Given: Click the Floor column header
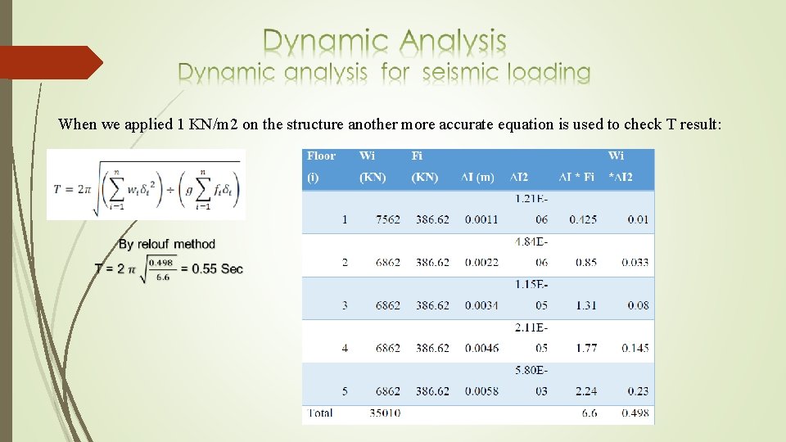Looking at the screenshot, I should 321,156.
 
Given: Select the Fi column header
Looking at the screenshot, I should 417,156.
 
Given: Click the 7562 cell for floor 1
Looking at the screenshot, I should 388,219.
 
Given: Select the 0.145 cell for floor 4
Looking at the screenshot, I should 635,348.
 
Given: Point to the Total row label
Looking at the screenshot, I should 320,413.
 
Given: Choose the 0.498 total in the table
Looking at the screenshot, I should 635,413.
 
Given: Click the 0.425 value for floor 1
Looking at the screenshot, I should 583,219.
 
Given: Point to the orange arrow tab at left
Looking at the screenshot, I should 49,62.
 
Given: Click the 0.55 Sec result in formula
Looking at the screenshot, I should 217,269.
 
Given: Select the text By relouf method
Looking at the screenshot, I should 167,244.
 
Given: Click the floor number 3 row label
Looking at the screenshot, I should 345,305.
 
